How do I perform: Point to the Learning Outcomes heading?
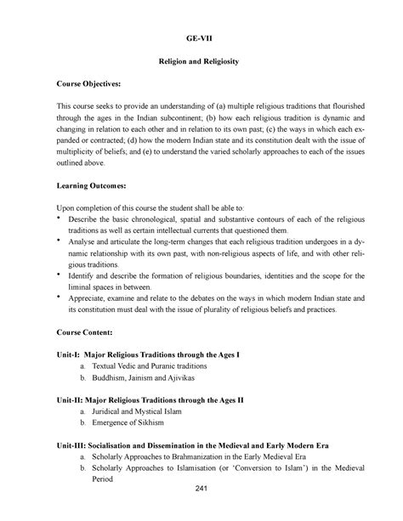[x=92, y=184]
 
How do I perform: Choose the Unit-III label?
[x=74, y=442]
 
